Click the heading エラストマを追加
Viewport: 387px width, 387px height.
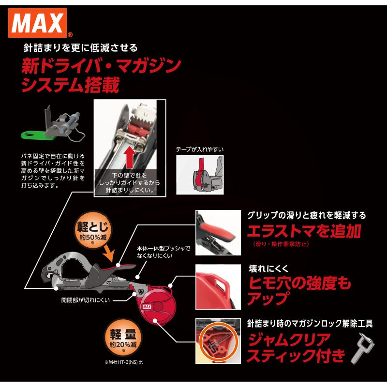click(304, 231)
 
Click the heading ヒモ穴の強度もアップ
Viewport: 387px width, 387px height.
click(299, 290)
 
